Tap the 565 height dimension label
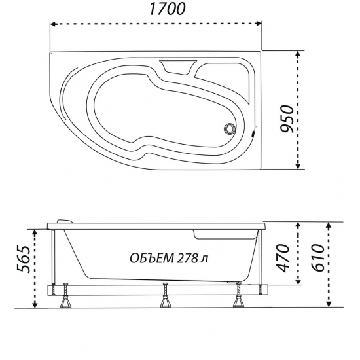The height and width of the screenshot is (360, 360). point(22,265)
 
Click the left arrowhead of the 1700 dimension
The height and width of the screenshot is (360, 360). point(54,25)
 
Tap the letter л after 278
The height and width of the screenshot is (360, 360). point(205,257)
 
